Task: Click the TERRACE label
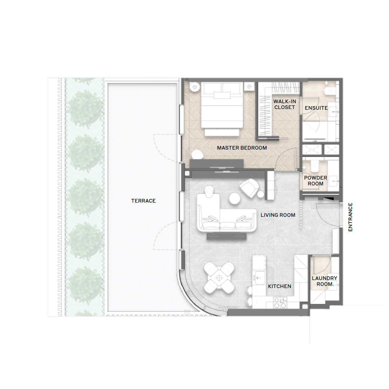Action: (143, 201)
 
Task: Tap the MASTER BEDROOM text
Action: (242, 148)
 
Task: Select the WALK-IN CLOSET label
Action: (284, 104)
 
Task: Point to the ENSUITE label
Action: (316, 108)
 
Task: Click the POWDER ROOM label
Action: (315, 181)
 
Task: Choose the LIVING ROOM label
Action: (278, 215)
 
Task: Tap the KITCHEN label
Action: (280, 286)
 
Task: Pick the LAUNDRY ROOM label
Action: (324, 281)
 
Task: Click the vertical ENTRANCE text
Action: (350, 217)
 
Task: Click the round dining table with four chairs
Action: (219, 277)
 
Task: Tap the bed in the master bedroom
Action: (222, 108)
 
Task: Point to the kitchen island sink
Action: (258, 277)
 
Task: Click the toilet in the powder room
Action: (314, 166)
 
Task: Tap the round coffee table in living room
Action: (235, 198)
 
